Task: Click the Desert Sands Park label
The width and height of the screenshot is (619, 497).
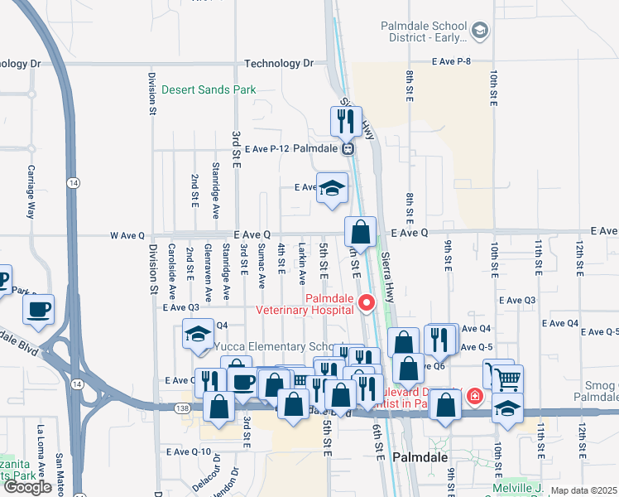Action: (x=208, y=89)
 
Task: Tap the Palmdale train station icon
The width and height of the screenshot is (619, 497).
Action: (x=348, y=149)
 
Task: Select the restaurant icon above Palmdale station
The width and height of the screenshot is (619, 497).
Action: (x=346, y=121)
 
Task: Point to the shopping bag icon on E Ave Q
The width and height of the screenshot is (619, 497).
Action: (x=361, y=231)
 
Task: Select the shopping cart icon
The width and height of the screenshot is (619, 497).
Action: (x=506, y=379)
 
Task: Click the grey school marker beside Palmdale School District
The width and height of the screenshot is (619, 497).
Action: (x=478, y=31)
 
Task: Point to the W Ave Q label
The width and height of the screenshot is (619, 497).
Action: (x=128, y=235)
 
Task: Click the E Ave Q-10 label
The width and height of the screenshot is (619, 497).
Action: (x=189, y=451)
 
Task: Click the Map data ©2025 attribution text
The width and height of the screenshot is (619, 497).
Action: (x=583, y=490)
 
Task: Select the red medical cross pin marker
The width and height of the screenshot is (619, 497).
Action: (x=473, y=396)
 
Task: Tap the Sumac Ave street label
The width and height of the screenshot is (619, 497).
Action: (x=262, y=265)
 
